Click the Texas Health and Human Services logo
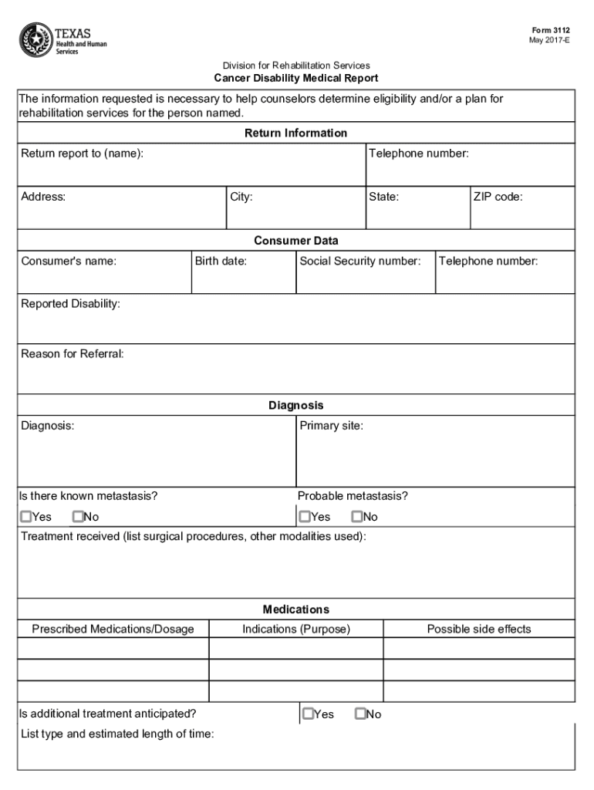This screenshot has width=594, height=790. [63, 40]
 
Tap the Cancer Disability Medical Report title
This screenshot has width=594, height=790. [295, 79]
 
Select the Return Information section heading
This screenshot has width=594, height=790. [295, 133]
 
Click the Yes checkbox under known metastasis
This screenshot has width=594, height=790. [26, 516]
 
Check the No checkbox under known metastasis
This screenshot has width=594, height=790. [77, 516]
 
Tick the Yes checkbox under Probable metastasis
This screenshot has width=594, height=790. [305, 516]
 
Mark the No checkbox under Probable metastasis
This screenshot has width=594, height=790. [356, 516]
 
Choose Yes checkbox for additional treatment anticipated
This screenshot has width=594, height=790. [309, 714]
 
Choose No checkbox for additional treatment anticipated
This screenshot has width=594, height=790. [360, 714]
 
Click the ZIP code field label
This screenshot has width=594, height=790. [498, 197]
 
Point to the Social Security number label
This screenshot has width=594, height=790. [360, 261]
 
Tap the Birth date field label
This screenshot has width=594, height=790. [221, 261]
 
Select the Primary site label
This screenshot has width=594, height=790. [331, 425]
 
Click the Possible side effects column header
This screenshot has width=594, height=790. [479, 629]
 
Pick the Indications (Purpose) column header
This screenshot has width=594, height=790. [296, 629]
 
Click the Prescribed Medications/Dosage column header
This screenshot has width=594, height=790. [113, 629]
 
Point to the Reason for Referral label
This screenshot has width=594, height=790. [73, 354]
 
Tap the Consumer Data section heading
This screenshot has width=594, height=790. [295, 241]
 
